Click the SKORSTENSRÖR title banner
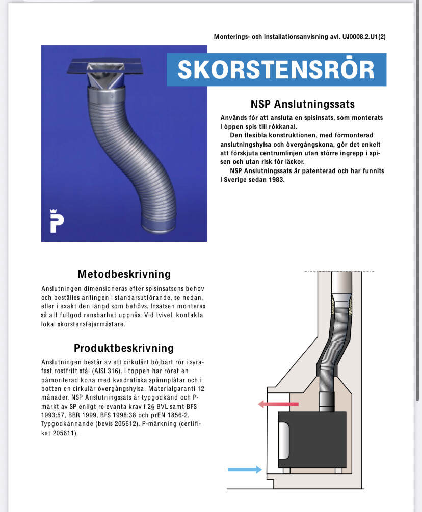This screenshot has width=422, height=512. [276, 70]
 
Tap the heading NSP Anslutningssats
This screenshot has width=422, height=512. [302, 104]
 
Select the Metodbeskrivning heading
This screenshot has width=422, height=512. [124, 274]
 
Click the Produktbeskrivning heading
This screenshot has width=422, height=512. [124, 348]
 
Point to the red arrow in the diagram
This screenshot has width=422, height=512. [278, 404]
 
